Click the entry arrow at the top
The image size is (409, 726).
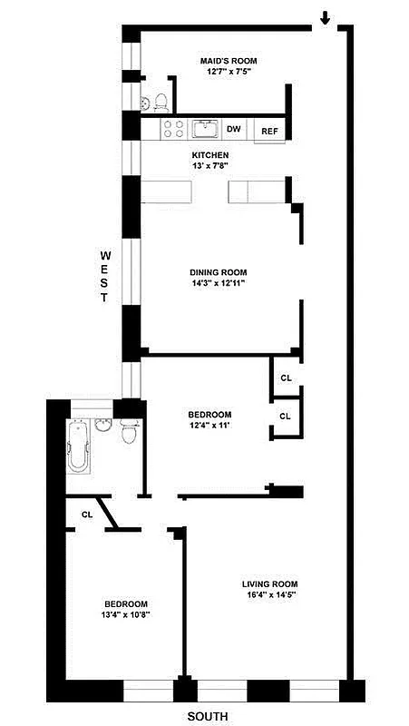(325, 17)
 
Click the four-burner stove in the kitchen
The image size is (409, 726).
(172, 130)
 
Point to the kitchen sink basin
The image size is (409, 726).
(206, 129)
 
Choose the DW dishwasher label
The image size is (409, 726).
(233, 130)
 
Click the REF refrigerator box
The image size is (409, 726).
(269, 131)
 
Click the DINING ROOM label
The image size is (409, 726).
(218, 272)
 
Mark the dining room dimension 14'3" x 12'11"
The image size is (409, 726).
(218, 283)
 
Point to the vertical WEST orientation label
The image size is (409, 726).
(105, 277)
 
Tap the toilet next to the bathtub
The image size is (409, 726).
(129, 434)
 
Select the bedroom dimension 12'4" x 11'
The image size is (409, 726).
(210, 426)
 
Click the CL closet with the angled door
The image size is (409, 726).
(87, 515)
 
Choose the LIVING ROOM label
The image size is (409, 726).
(269, 584)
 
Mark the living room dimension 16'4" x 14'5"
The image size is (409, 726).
(269, 594)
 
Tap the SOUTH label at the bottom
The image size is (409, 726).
(208, 716)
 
